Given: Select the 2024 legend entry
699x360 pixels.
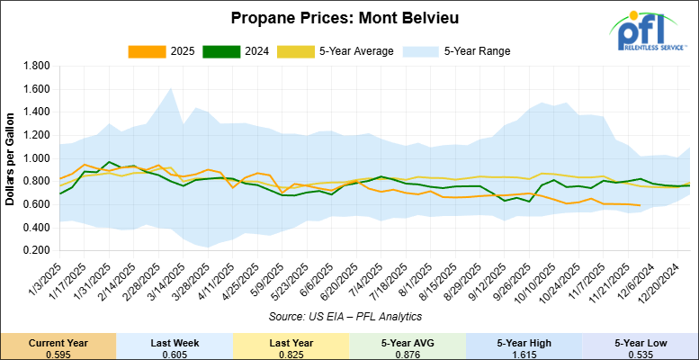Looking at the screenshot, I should (230, 51).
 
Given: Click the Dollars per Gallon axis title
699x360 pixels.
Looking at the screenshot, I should (12, 158).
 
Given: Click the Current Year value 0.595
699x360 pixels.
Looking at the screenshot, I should (58, 353).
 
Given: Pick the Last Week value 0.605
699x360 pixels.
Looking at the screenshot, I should (175, 353).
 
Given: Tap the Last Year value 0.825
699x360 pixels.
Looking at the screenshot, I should (291, 353).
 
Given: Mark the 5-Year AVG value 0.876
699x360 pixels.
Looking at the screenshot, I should (408, 353).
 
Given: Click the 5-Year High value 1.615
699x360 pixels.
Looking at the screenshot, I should (524, 353).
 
